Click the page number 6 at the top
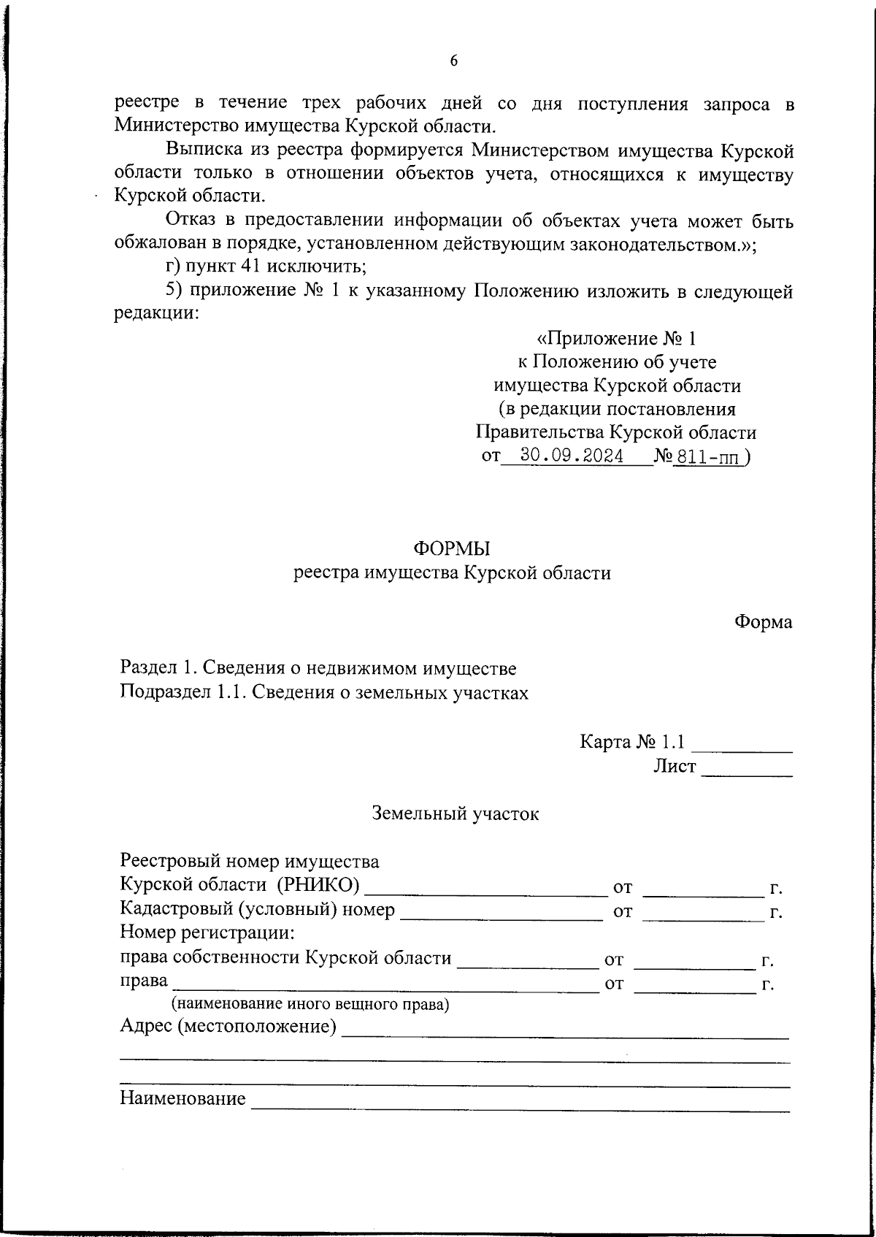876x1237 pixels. click(453, 61)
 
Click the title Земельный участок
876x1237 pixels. click(456, 813)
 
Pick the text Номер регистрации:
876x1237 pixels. click(207, 932)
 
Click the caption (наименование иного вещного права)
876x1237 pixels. click(310, 1004)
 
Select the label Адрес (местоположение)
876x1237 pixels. click(228, 1027)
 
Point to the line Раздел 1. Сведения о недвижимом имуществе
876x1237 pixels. click(318, 668)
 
